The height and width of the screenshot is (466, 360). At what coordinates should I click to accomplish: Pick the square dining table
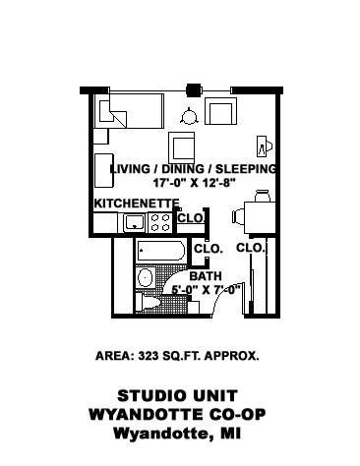[260, 216]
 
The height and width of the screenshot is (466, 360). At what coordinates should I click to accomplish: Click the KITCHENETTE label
[136, 203]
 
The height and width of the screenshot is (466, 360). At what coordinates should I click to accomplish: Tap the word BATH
[205, 276]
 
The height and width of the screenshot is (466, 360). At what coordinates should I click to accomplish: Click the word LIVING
[130, 168]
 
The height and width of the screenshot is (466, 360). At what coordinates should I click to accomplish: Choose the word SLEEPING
[245, 168]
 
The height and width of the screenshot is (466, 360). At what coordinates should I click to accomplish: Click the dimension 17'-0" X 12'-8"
[195, 183]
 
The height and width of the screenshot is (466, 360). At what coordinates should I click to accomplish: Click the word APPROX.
[235, 356]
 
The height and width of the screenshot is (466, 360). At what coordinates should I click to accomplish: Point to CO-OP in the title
[239, 413]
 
